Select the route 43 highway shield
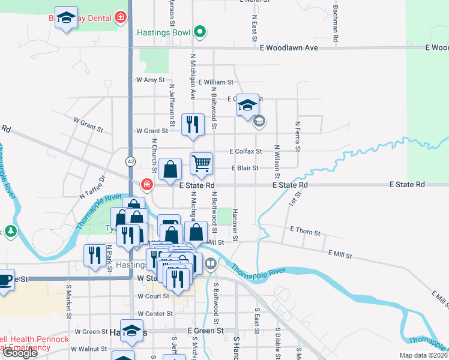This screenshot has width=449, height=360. [130, 161]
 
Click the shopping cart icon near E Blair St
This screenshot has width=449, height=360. [202, 162]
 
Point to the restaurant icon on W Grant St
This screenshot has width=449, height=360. [193, 125]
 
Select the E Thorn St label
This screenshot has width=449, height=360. [305, 230]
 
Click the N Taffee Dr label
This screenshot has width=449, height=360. [92, 187]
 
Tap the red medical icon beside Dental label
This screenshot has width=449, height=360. [121, 17]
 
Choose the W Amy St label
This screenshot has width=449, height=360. [150, 80]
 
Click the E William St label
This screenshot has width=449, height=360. [214, 82]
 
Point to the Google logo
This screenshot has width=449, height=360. [19, 353]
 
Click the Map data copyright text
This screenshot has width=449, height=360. [424, 355]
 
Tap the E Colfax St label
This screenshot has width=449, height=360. [246, 152]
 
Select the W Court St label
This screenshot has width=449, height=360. [153, 296]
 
